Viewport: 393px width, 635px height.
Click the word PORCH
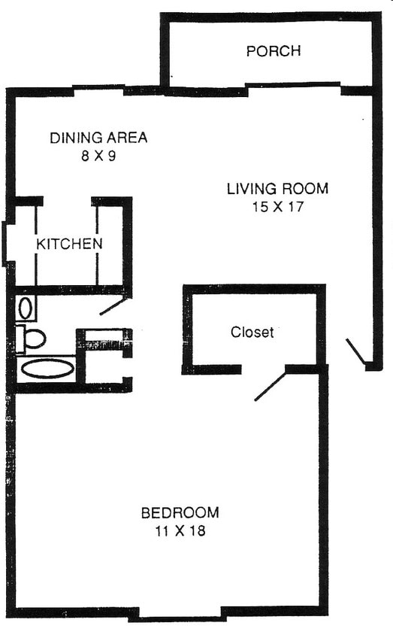(x=274, y=51)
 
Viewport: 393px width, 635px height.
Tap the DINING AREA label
(x=98, y=138)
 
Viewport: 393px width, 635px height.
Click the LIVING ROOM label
(x=278, y=189)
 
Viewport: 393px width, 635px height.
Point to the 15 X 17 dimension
(x=278, y=207)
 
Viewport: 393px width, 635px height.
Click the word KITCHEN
(x=70, y=244)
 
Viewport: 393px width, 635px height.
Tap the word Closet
(x=252, y=332)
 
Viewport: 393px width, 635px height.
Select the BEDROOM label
(x=180, y=513)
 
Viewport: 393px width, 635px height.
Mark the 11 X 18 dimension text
(x=180, y=531)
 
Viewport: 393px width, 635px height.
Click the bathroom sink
(x=25, y=307)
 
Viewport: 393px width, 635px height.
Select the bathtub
(x=47, y=369)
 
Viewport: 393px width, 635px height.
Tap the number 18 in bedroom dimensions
(x=198, y=531)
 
